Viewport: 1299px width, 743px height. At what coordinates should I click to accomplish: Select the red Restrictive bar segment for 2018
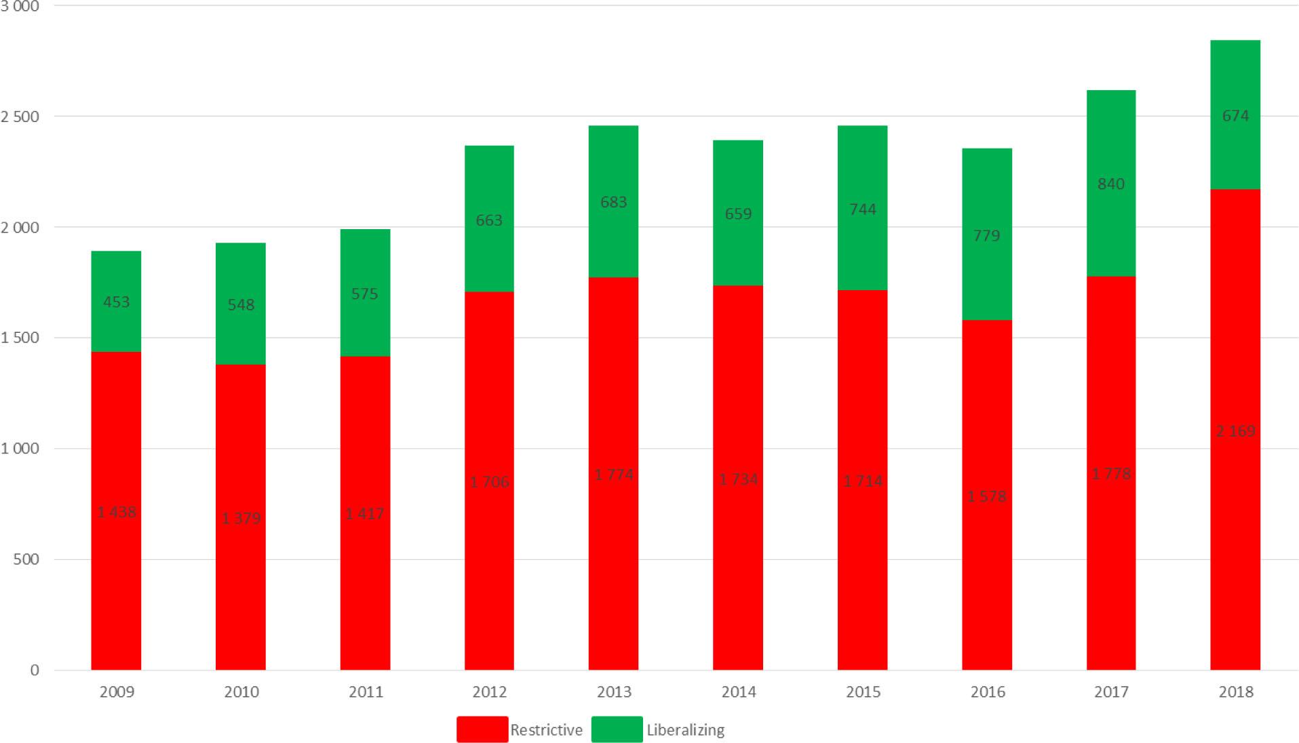pos(1235,542)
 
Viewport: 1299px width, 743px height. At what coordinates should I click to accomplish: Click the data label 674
pos(1235,116)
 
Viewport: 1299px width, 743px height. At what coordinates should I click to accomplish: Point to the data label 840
pos(1110,184)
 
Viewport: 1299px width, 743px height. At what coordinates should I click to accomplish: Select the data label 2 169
pos(1235,431)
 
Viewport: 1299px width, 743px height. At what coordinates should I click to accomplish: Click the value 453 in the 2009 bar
pos(116,302)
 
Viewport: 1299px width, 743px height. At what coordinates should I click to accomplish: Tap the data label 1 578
pos(986,496)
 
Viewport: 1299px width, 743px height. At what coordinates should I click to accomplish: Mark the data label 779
pos(986,235)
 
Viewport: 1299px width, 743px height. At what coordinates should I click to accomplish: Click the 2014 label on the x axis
pos(738,691)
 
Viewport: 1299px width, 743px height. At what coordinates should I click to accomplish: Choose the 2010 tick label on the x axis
pos(241,691)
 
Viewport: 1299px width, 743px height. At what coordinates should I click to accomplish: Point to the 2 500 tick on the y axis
pos(20,117)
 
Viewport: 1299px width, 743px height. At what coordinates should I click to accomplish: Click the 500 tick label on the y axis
pos(26,559)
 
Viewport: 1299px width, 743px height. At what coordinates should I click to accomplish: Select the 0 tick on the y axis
pos(35,670)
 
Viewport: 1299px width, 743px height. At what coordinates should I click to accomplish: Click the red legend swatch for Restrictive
pos(482,729)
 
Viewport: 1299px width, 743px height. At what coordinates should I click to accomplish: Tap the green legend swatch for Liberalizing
pos(617,729)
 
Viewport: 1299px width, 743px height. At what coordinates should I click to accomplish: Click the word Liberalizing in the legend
pos(685,730)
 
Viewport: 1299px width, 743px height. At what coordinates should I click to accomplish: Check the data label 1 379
pos(241,519)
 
